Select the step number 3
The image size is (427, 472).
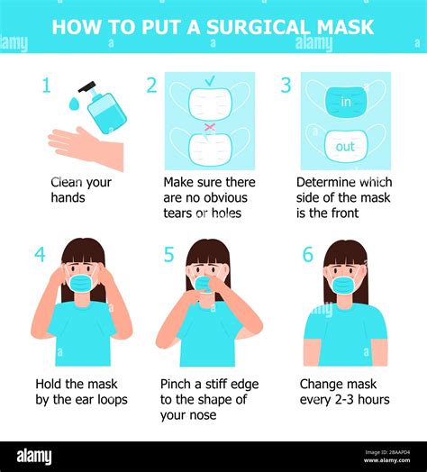click(286, 86)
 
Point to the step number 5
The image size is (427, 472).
click(168, 255)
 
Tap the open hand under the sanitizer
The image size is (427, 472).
click(86, 147)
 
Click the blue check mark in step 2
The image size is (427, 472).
click(209, 81)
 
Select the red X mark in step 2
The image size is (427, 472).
click(209, 127)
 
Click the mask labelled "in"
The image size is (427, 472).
click(345, 101)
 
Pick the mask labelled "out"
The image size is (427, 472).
click(345, 145)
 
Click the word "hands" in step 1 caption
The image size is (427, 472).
click(68, 197)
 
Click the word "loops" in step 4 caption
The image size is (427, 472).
click(107, 399)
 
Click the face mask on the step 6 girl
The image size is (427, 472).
click(344, 285)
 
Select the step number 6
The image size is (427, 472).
click(307, 255)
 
